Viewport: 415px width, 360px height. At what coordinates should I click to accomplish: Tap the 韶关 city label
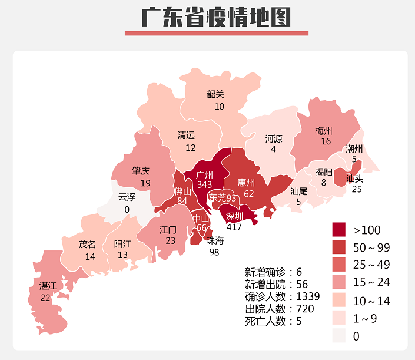point(215,94)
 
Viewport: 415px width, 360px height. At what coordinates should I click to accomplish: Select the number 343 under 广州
point(204,185)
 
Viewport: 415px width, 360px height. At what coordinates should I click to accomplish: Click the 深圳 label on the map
point(234,216)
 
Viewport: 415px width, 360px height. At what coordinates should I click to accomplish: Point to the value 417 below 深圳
point(234,227)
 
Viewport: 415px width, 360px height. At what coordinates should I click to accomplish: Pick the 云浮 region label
point(127,197)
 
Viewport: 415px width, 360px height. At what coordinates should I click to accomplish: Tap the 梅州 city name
point(324,130)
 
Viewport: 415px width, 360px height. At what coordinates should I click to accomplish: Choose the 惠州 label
point(246,182)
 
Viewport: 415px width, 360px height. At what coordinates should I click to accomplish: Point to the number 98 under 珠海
point(215,252)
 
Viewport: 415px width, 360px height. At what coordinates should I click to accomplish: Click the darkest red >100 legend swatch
point(340,229)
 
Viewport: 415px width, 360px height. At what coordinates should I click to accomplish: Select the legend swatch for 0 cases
point(340,336)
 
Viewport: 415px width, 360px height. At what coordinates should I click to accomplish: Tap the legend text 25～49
point(371,265)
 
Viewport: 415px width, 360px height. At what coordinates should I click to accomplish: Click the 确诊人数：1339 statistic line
point(282,296)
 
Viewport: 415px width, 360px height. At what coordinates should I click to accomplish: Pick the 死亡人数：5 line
point(274,321)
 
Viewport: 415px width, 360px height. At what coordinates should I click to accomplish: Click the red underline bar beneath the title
point(216,34)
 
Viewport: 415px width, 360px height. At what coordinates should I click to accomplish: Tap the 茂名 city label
point(87,244)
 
